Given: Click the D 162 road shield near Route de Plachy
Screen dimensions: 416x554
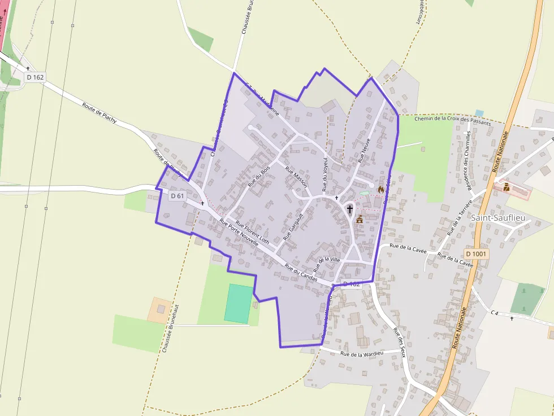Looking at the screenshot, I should tap(35, 77).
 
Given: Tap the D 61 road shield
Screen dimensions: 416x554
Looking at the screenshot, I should tap(177, 196).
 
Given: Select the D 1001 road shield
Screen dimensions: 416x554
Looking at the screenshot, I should tap(476, 254).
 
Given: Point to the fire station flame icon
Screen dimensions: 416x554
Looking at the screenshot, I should tap(381, 190).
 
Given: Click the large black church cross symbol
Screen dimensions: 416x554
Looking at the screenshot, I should tap(349, 209).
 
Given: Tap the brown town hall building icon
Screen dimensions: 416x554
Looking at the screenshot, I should tap(359, 219).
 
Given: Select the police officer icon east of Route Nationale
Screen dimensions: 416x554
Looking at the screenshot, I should tap(506, 187).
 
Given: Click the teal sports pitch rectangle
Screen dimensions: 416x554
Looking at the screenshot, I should tap(239, 304).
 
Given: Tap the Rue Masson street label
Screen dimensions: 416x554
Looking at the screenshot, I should tap(296, 177).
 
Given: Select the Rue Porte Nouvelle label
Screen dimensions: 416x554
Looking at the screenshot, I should tap(239, 232).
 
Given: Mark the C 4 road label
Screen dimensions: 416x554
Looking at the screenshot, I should tap(495, 312).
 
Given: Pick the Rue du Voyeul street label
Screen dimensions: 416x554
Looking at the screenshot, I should tap(325, 174).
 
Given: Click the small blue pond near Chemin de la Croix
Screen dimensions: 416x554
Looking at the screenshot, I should tap(479, 113).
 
